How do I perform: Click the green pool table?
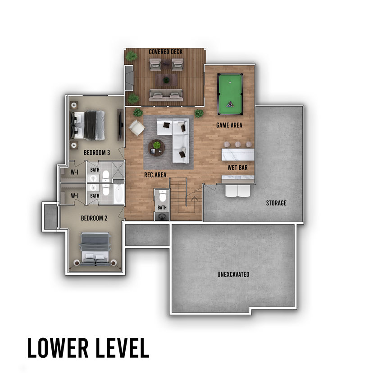[230, 95]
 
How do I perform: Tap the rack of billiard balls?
[230, 104]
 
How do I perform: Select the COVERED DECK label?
[166, 52]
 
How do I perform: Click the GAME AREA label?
[229, 125]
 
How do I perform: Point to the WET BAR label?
[237, 168]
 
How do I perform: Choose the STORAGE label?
[276, 203]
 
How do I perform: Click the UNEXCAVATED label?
[233, 274]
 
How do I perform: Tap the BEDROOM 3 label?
[97, 152]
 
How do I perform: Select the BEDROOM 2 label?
[94, 218]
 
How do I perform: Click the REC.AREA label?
[155, 175]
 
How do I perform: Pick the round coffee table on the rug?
[156, 147]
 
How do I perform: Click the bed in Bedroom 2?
[96, 249]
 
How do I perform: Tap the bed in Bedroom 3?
[87, 125]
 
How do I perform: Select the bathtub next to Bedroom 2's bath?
[119, 193]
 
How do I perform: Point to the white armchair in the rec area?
[136, 128]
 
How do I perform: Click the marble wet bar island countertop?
[238, 155]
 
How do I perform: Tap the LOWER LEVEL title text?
[88, 348]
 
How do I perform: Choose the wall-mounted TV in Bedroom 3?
[120, 125]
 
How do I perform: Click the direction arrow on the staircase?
[194, 199]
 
